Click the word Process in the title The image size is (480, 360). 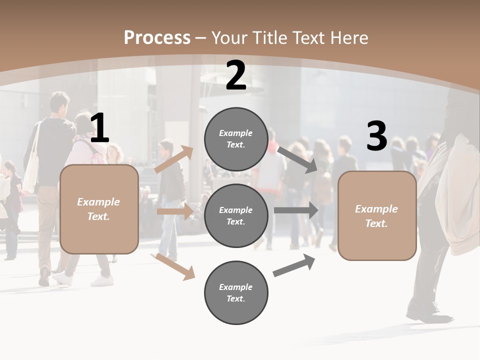pyautogui.click(x=157, y=38)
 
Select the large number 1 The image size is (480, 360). pyautogui.click(x=99, y=128)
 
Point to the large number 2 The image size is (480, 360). pyautogui.click(x=236, y=75)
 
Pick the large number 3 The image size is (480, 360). pyautogui.click(x=376, y=136)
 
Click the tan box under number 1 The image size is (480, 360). pyautogui.click(x=99, y=209)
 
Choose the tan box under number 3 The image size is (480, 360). pyautogui.click(x=377, y=216)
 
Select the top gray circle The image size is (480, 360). pyautogui.click(x=236, y=139)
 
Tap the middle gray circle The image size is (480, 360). pyautogui.click(x=236, y=215)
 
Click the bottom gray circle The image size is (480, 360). pyautogui.click(x=236, y=292)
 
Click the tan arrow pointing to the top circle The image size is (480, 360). pyautogui.click(x=173, y=159)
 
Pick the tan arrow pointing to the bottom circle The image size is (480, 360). pyautogui.click(x=175, y=266)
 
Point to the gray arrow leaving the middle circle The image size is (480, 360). pyautogui.click(x=296, y=210)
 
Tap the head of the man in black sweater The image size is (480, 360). pyautogui.click(x=59, y=103)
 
